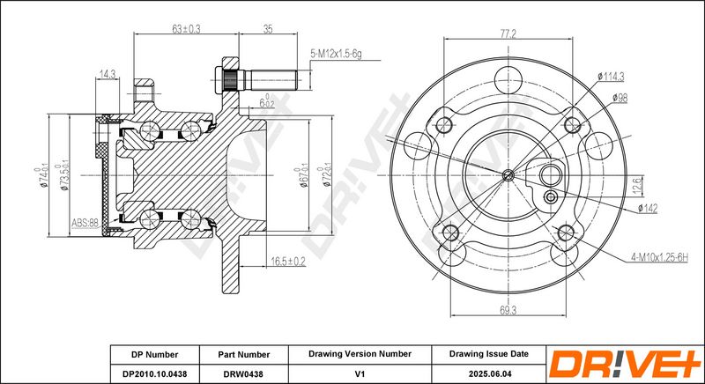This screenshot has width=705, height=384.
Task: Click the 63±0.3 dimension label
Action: pyautogui.click(x=186, y=29)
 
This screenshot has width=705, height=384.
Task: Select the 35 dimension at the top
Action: pyautogui.click(x=268, y=29)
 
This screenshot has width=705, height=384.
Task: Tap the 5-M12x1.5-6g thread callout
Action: pyautogui.click(x=336, y=55)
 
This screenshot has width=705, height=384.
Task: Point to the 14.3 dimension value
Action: pyautogui.click(x=107, y=74)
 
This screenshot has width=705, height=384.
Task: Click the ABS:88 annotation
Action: pyautogui.click(x=85, y=223)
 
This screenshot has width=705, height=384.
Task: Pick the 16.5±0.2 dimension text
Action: pyautogui.click(x=288, y=262)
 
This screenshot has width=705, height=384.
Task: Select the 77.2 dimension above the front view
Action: pyautogui.click(x=508, y=33)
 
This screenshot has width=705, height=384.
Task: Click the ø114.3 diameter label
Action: pyautogui.click(x=611, y=77)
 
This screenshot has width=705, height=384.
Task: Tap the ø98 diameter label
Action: pyautogui.click(x=620, y=98)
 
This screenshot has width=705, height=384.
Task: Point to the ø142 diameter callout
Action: pyautogui.click(x=648, y=209)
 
